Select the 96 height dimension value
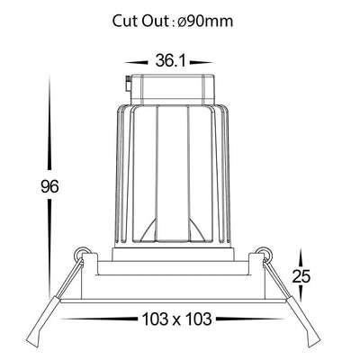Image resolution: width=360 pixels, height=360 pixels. (x=49, y=186)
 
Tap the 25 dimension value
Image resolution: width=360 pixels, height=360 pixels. (x=301, y=276)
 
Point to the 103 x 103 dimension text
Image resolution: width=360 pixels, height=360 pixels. (x=176, y=319)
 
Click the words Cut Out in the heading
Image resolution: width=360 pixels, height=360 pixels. (x=140, y=22)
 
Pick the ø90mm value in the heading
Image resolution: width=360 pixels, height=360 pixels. (x=204, y=22)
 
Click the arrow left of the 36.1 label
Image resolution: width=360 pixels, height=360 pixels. (x=137, y=63)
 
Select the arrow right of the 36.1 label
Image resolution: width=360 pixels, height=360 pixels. (x=202, y=63)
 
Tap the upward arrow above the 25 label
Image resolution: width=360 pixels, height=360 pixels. (x=301, y=258)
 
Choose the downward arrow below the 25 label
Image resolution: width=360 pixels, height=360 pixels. (x=301, y=293)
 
